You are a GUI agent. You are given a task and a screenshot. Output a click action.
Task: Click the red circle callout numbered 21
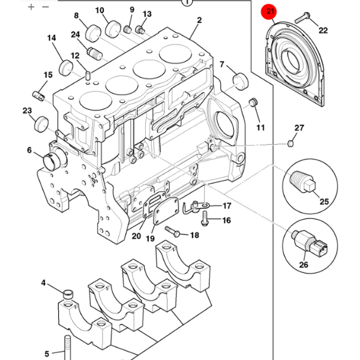coord(270,11)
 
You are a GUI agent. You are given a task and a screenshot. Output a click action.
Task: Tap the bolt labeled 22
coord(302,17)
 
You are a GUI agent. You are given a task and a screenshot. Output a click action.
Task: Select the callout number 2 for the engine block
coord(199,20)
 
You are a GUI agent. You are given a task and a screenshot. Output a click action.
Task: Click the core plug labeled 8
coord(93,34)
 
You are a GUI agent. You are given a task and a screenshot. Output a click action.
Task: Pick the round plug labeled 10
coord(113,28)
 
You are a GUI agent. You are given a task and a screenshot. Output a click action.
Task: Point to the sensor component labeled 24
coord(95,53)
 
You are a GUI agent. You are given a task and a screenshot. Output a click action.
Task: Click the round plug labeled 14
coord(66,68)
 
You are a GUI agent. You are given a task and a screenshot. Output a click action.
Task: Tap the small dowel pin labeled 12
coord(88,76)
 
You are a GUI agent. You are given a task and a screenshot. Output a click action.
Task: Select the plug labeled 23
coord(41,124)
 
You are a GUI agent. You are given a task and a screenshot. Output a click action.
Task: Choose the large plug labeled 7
coord(241,81)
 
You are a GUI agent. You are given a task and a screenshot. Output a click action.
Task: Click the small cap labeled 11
coord(253,102)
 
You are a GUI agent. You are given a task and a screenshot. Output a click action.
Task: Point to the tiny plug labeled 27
coord(290,144)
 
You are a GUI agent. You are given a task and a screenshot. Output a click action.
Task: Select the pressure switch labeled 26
coord(310,244)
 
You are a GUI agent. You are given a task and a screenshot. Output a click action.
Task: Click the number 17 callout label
coord(227,206)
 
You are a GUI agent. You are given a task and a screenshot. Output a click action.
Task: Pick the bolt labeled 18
coord(173,232)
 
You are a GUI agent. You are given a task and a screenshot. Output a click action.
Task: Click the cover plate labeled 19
coord(166,211)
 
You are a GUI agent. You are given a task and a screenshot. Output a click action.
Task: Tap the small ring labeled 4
coord(68,294)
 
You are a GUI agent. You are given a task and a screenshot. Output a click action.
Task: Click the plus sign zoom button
coord(31,7)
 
